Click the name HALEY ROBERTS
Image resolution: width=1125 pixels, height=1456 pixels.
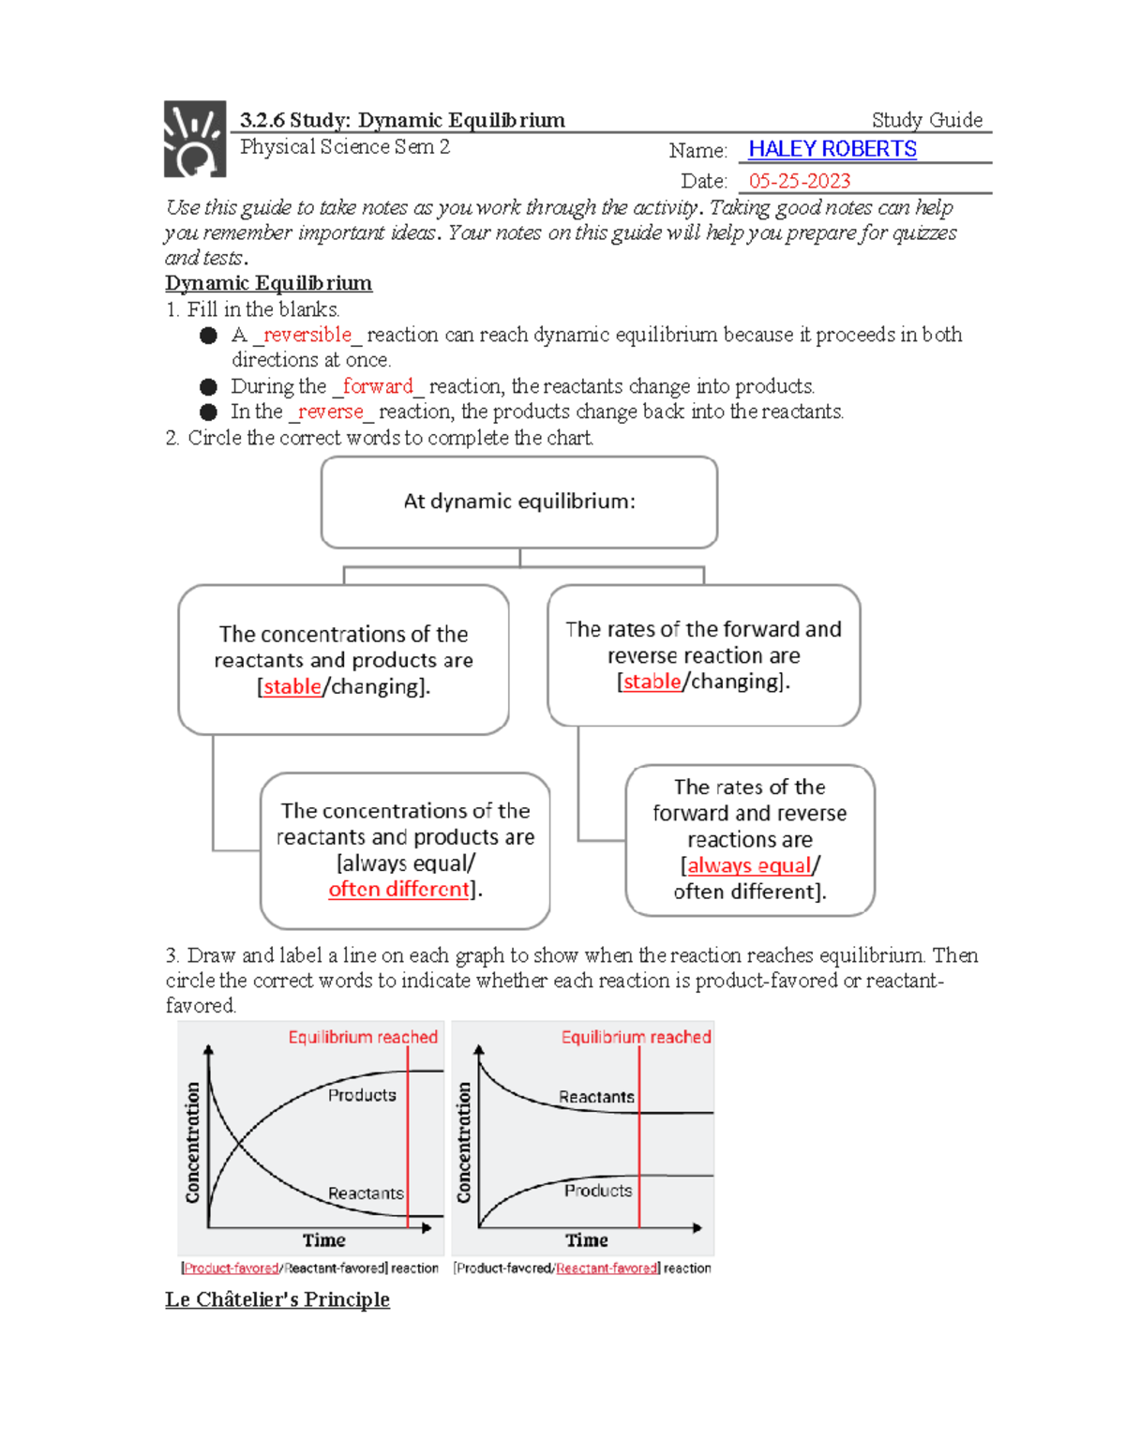(832, 149)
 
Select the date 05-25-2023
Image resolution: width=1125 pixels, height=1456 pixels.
(799, 181)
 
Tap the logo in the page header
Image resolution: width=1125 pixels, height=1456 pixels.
(195, 140)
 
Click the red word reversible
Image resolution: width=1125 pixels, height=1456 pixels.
(307, 335)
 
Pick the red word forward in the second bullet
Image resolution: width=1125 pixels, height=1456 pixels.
(377, 386)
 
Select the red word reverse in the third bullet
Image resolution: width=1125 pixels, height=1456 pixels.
(330, 412)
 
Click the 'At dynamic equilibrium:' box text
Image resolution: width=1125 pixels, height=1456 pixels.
(519, 502)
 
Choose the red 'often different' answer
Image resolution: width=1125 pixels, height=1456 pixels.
(398, 889)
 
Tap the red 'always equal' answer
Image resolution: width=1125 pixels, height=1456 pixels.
(748, 865)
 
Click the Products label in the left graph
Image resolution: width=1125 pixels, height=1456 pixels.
(362, 1095)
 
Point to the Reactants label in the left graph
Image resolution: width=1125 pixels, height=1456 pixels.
(366, 1193)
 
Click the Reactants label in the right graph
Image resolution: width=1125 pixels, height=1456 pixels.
(596, 1097)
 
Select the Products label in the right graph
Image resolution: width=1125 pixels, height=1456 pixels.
(598, 1191)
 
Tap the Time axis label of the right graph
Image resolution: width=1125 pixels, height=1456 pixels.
(587, 1240)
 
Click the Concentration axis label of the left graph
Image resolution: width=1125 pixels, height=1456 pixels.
(193, 1142)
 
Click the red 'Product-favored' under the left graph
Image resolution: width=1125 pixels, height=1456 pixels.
(232, 1268)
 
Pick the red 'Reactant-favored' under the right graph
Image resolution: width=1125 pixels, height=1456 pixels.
(607, 1268)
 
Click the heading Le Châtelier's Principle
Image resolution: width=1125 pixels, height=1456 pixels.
(277, 1299)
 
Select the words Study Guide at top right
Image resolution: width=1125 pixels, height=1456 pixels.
(926, 120)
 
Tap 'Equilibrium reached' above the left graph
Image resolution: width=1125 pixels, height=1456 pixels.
(363, 1037)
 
